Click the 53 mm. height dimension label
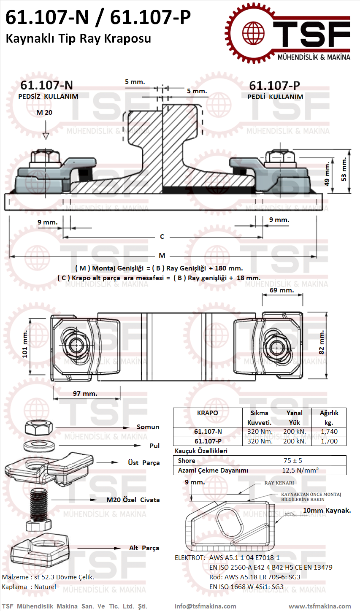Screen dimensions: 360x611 [344, 169]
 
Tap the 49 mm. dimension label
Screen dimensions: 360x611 [327, 174]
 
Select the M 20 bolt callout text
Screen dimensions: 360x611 [44, 112]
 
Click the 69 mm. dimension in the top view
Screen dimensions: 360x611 [282, 290]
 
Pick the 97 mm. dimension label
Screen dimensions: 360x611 [85, 393]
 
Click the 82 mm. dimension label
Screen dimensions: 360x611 [322, 342]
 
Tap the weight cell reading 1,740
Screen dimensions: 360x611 [329, 431]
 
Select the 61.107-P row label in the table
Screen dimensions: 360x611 [208, 441]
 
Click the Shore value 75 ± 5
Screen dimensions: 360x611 [292, 460]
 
